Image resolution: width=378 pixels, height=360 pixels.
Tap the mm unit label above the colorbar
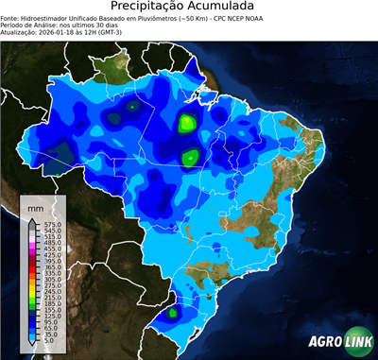coord(36,205)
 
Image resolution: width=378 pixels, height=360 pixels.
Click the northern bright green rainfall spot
coord(187,122)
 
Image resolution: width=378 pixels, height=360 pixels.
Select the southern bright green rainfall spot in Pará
coord(190,157)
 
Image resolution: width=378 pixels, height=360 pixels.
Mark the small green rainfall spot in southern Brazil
coord(173,312)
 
